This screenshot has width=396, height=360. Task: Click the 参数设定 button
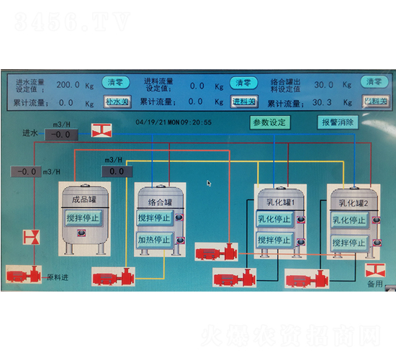point(270,122)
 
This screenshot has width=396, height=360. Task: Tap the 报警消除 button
point(337,122)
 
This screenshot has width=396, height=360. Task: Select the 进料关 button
point(244,102)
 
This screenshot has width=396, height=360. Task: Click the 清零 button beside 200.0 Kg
point(115,84)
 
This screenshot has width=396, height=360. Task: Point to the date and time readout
point(174,122)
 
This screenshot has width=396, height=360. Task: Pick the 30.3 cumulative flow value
point(322,102)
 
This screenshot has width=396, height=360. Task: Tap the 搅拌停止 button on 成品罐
point(85,218)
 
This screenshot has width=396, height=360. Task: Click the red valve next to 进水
point(102,130)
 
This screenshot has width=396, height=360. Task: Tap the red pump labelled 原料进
point(24,274)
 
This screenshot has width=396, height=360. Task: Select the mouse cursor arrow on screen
point(209,183)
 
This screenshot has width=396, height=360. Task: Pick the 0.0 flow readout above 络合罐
point(117,171)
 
